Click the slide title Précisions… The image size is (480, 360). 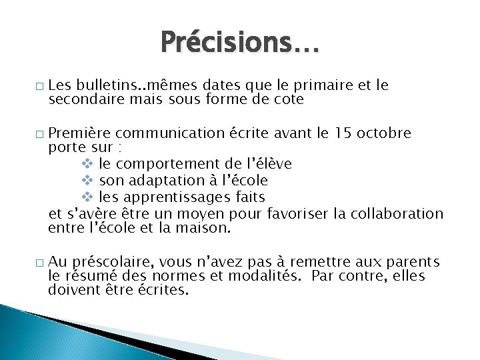point(240,43)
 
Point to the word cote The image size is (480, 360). point(287,99)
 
